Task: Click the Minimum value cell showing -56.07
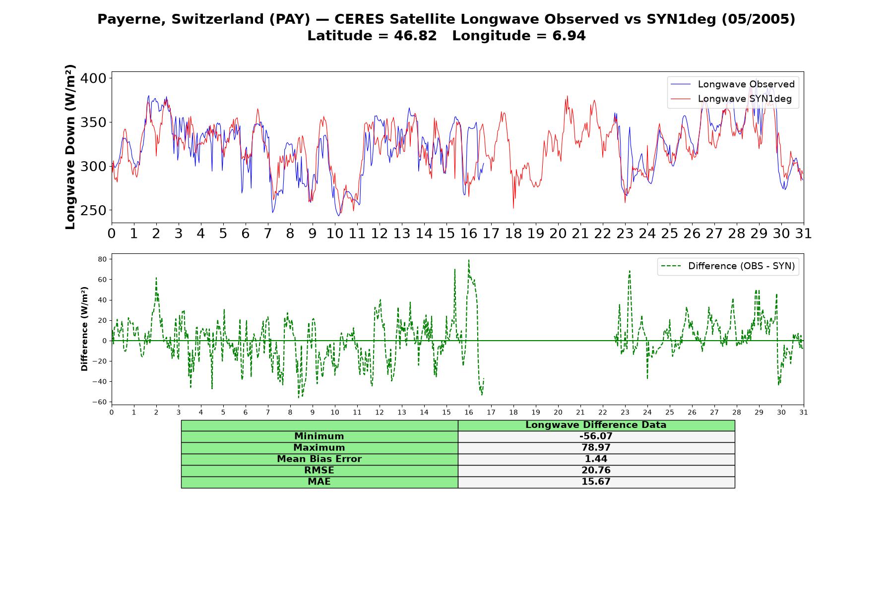[x=596, y=436]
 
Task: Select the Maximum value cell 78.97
[x=596, y=448]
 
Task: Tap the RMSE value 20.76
[x=596, y=471]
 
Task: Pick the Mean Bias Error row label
[x=319, y=459]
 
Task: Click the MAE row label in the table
[x=319, y=482]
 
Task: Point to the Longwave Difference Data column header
[x=596, y=425]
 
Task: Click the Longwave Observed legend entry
[x=733, y=84]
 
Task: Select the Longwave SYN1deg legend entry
[x=731, y=99]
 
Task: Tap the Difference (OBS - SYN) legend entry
[x=728, y=266]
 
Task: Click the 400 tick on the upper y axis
[x=93, y=78]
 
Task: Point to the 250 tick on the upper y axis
[x=93, y=210]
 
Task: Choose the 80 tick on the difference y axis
[x=102, y=259]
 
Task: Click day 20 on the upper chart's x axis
[x=558, y=233]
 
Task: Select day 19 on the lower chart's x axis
[x=536, y=412]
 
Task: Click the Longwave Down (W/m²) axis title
[x=70, y=147]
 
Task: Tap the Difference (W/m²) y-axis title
[x=84, y=329]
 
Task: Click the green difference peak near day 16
[x=469, y=260]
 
